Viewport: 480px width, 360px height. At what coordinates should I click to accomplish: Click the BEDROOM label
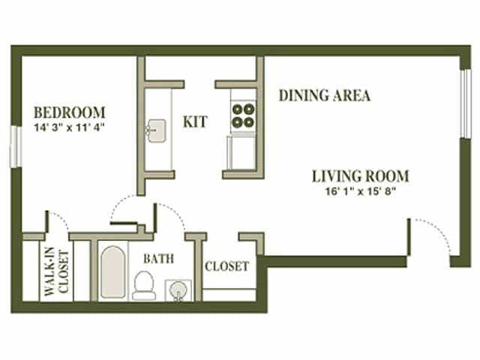[x=69, y=113]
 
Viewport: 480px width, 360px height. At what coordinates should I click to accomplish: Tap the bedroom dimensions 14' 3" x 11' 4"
[x=69, y=127]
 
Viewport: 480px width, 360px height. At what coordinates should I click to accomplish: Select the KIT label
[x=195, y=121]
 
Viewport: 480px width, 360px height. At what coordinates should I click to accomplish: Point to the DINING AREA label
[x=325, y=96]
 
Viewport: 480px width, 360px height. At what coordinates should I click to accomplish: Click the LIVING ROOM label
[x=361, y=177]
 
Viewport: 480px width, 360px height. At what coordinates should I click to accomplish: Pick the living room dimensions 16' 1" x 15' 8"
[x=361, y=191]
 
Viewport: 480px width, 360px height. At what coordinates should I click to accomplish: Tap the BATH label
[x=158, y=259]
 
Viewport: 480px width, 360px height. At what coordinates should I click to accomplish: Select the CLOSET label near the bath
[x=226, y=266]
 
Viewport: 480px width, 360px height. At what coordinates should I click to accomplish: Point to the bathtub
[x=113, y=271]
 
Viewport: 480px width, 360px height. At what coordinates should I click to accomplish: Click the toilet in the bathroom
[x=143, y=285]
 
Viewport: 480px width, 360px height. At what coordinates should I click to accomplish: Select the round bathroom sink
[x=177, y=289]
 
